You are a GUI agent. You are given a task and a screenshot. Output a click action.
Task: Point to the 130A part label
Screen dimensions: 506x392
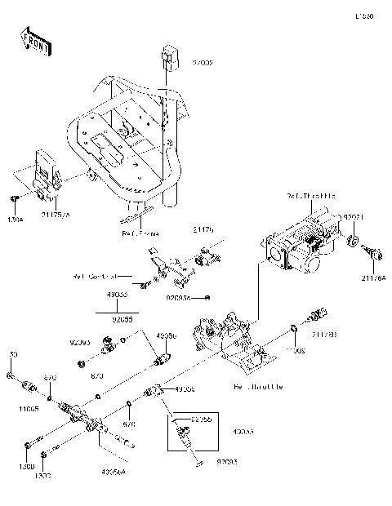pyautogui.click(x=16, y=220)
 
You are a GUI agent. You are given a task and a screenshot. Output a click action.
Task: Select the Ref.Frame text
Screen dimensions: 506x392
pyautogui.click(x=140, y=233)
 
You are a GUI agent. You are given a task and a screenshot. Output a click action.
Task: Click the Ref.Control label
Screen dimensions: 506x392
pyautogui.click(x=96, y=276)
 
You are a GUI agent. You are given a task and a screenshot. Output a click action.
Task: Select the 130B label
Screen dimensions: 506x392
pyautogui.click(x=24, y=466)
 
